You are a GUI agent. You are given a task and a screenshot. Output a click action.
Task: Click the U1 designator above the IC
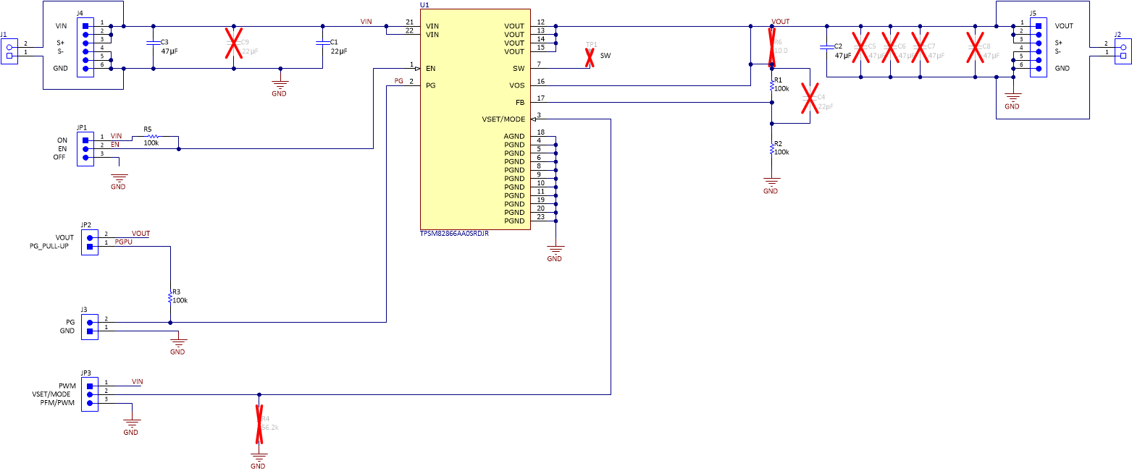(424, 5)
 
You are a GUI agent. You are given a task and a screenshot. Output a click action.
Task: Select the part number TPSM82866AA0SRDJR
(454, 234)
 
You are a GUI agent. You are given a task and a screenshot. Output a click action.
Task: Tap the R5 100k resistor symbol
(151, 136)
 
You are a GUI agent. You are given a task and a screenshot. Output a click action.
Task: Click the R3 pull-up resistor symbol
(170, 297)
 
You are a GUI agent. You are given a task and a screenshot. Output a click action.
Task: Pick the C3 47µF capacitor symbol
(154, 46)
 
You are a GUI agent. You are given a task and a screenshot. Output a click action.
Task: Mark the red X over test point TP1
(590, 58)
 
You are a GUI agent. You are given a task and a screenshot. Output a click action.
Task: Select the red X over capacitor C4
(810, 98)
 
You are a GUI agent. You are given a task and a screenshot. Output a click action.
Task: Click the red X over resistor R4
(259, 424)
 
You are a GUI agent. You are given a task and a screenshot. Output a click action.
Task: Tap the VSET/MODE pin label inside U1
(506, 119)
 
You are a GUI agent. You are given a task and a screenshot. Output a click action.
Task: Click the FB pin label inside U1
(519, 103)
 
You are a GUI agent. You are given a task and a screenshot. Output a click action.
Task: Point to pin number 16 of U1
(540, 82)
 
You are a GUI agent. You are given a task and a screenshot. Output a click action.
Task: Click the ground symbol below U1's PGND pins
(555, 250)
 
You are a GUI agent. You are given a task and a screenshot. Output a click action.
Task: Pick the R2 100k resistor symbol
(772, 150)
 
